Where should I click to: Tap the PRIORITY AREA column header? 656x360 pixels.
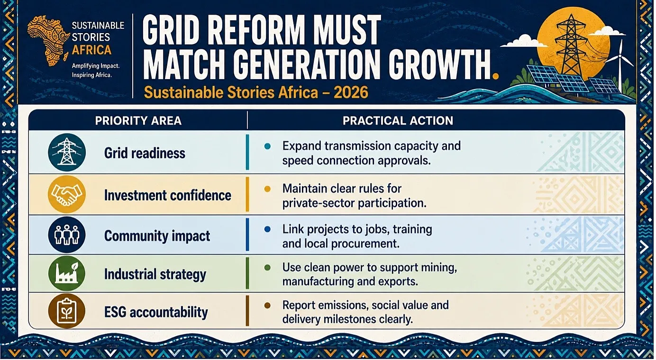(138, 121)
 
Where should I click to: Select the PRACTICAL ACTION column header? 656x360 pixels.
(398, 121)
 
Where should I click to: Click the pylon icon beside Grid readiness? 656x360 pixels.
(67, 153)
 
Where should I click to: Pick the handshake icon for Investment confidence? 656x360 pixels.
(67, 195)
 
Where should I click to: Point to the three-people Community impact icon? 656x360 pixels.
(67, 235)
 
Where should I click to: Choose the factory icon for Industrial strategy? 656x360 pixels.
(67, 273)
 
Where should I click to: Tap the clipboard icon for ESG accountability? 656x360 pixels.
(67, 311)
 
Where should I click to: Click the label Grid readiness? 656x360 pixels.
(145, 153)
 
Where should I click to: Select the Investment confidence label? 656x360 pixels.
(167, 195)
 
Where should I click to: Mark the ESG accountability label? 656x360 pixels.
(156, 312)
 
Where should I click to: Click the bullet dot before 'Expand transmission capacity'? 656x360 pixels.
(267, 146)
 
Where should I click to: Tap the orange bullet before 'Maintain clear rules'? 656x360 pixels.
(267, 189)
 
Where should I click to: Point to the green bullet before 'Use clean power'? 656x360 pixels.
(267, 268)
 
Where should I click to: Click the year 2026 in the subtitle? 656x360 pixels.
(351, 92)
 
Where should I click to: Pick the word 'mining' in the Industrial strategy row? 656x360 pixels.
(439, 268)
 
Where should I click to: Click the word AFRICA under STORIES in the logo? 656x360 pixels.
(91, 50)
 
